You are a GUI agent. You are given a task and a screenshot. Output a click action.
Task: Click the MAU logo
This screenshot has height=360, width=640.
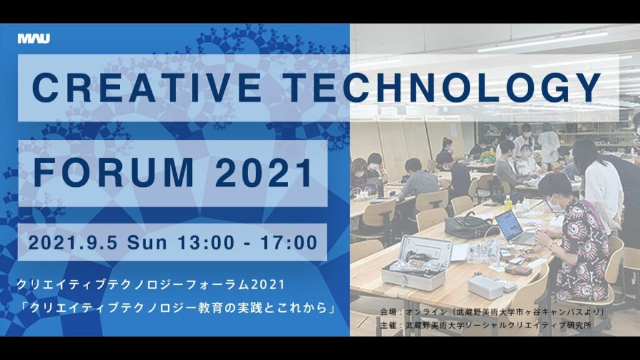pyautogui.click(x=34, y=39)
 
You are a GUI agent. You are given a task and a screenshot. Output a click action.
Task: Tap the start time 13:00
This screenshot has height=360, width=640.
pyautogui.click(x=206, y=242)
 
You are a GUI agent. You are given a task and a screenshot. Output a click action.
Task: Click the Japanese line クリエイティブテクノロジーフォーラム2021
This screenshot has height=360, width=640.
pyautogui.click(x=151, y=285)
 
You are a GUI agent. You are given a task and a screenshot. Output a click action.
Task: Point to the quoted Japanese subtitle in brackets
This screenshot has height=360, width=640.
pyautogui.click(x=177, y=308)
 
